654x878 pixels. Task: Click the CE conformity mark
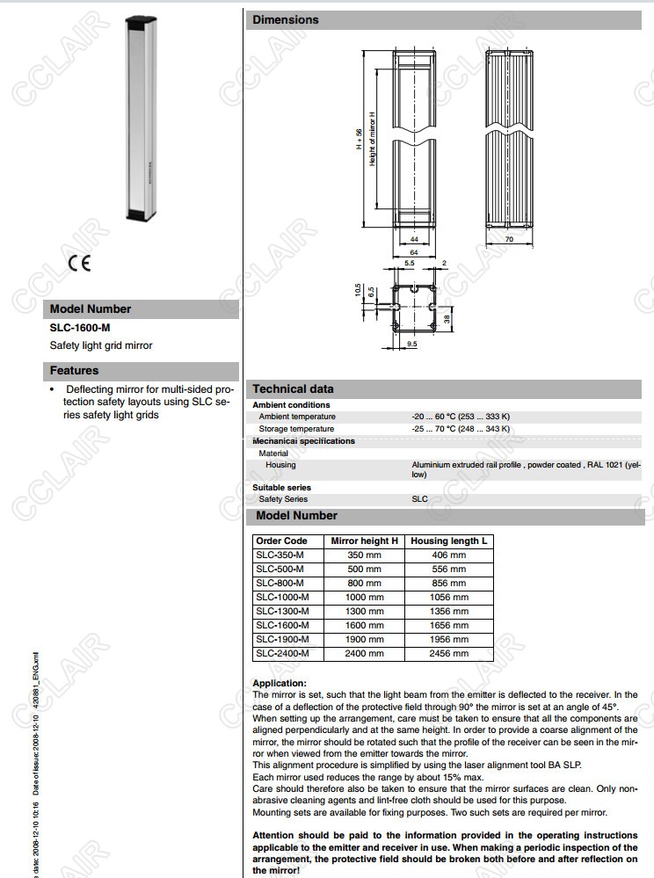[79, 263]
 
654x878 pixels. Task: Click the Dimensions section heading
[286, 19]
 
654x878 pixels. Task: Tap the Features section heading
[74, 371]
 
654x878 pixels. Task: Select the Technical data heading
[293, 388]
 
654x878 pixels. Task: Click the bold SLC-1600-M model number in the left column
[80, 328]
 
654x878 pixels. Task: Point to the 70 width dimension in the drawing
[509, 239]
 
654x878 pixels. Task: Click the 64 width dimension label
[412, 252]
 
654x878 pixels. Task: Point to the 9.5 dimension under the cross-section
[411, 345]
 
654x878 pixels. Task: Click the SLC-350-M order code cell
[280, 555]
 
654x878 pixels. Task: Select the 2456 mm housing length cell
[448, 653]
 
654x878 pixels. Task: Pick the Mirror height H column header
[364, 541]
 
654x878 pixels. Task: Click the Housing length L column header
[448, 541]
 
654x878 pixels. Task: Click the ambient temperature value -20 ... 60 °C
[461, 417]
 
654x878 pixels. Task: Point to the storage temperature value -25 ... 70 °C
[461, 429]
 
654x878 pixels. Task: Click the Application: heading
[280, 683]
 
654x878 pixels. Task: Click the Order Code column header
[282, 541]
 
